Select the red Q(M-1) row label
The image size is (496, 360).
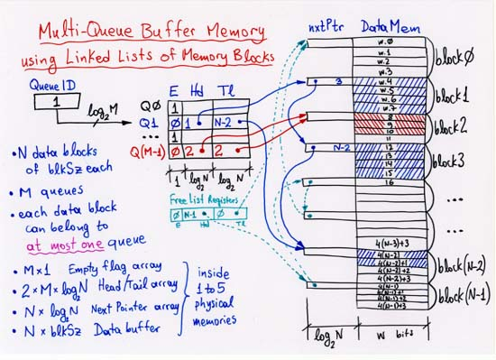[x=142, y=152]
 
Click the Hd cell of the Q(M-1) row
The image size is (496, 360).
[x=190, y=152]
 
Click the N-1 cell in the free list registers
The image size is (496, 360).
[x=190, y=216]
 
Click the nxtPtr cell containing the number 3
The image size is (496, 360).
[x=335, y=83]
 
